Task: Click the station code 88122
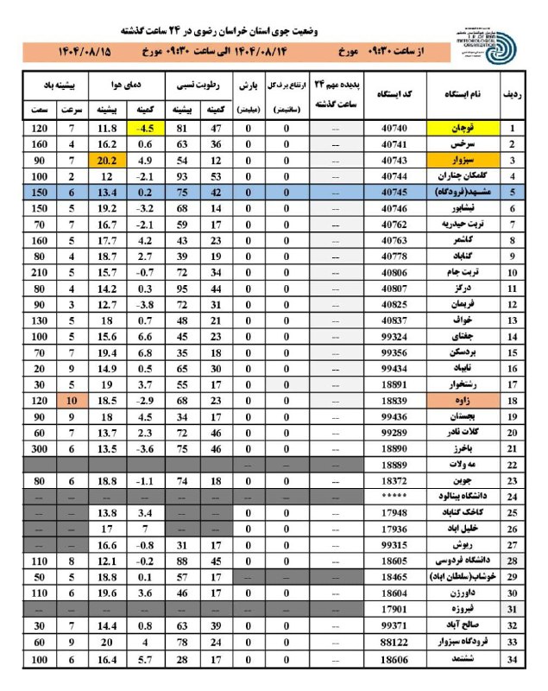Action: [x=398, y=643]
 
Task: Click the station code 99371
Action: [x=398, y=627]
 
